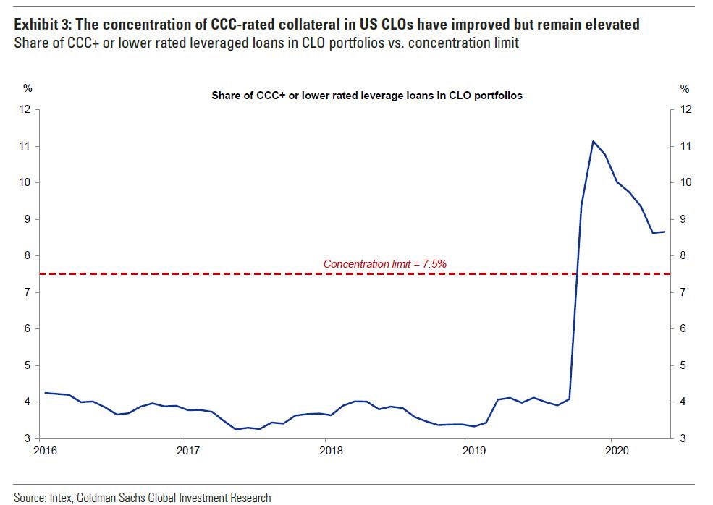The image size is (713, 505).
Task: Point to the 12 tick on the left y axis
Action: click(27, 110)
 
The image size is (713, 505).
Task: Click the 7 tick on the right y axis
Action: click(684, 292)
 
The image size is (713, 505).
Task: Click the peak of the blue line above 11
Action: click(593, 141)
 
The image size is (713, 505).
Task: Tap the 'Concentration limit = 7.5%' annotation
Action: click(384, 264)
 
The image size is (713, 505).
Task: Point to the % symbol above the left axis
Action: click(28, 89)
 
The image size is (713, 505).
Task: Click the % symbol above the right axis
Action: click(685, 89)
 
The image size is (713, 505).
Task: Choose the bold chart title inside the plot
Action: click(366, 95)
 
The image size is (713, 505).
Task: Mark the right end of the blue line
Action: click(665, 232)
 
